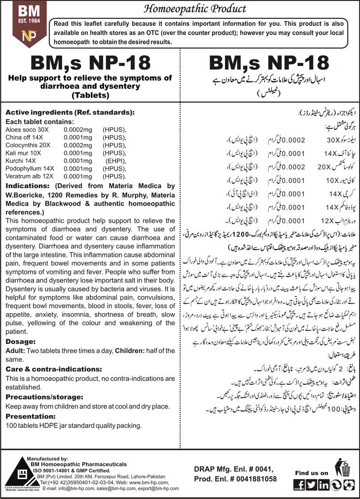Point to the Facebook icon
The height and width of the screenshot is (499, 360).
point(299,485)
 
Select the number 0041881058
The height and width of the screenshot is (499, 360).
point(252,479)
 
